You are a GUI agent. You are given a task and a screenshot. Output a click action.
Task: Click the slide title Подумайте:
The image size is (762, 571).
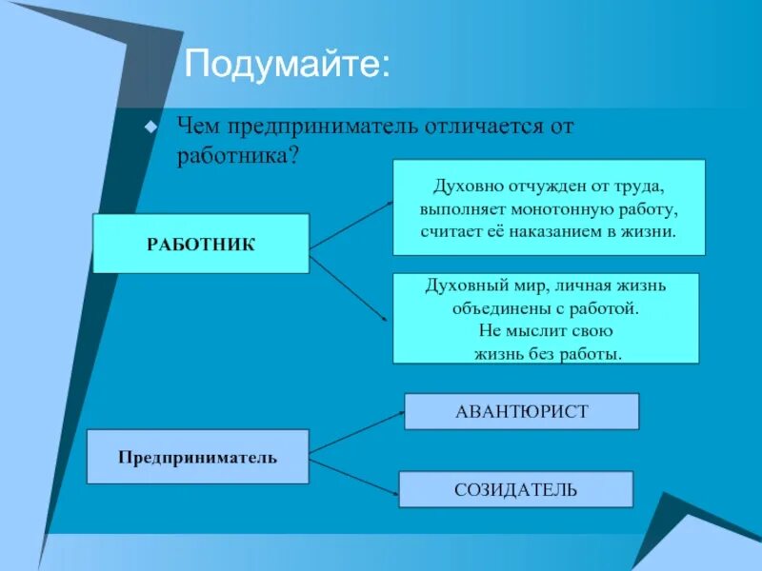click(287, 66)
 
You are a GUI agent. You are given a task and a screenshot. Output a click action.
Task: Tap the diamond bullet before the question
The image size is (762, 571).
click(149, 127)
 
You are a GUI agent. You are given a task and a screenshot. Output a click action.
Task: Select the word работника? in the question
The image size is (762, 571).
click(239, 154)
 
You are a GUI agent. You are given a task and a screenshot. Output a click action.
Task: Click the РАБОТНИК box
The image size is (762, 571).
click(200, 244)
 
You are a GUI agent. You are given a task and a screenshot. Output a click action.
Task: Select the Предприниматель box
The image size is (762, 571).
click(197, 457)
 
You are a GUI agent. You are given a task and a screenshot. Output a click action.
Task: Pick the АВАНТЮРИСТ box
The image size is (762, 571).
click(521, 411)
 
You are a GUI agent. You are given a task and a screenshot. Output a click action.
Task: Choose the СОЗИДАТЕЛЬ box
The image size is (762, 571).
click(515, 489)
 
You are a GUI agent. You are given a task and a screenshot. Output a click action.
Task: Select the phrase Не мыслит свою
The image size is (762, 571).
click(545, 331)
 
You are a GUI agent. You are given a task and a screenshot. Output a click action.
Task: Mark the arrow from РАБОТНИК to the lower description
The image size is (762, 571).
click(351, 290)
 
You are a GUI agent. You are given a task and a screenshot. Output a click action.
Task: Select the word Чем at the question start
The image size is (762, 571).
click(198, 128)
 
